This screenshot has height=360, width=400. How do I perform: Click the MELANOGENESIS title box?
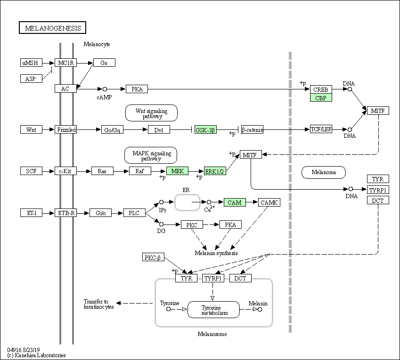[x=53, y=28]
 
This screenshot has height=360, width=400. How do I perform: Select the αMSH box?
[x=31, y=63]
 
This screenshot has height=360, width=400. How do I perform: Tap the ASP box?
[x=31, y=79]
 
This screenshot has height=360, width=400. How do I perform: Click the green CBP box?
[x=321, y=98]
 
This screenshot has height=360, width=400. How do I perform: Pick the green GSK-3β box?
[x=205, y=130]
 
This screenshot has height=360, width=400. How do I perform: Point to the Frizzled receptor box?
[x=66, y=130]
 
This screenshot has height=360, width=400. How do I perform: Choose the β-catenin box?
[x=252, y=130]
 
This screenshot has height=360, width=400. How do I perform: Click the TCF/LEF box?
[x=321, y=129]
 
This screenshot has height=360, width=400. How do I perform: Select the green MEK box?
[x=177, y=171]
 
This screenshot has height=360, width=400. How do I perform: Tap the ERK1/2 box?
[x=215, y=171]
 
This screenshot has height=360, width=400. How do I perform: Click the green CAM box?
[x=235, y=202]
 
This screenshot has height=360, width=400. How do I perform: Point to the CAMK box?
[x=269, y=202]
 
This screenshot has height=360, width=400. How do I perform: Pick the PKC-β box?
[x=153, y=257]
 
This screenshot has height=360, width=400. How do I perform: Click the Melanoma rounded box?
[x=324, y=172]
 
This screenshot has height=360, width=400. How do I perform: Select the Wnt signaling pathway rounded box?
[x=151, y=113]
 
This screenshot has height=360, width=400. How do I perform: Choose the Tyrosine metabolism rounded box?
[x=213, y=310]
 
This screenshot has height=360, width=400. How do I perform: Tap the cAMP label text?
[x=104, y=97]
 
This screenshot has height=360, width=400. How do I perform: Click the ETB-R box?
[x=66, y=213]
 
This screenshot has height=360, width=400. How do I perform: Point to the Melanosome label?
[x=212, y=334]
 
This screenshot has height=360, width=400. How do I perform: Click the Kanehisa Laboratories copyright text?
[x=36, y=355]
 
